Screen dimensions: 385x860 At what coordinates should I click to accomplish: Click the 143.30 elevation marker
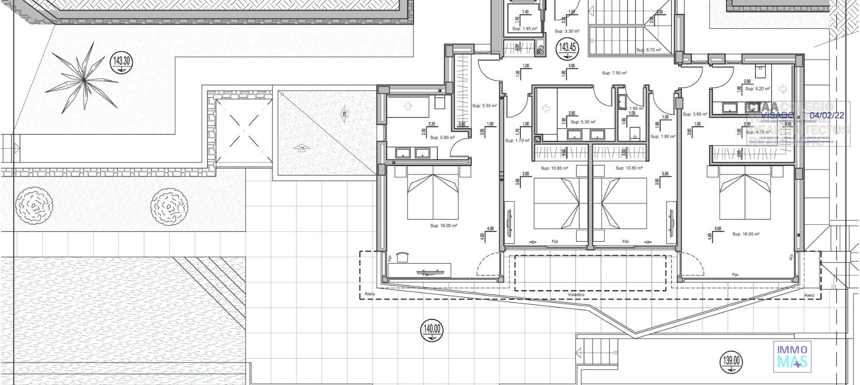click(x=121, y=61)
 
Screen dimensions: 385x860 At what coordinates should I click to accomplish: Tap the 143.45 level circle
click(x=568, y=47)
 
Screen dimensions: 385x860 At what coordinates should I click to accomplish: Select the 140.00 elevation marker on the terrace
click(x=432, y=330)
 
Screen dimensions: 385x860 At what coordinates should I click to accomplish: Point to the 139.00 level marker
click(x=731, y=361)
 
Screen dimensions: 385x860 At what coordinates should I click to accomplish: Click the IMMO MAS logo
click(x=792, y=356)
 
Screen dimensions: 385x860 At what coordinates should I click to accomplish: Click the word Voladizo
click(x=576, y=295)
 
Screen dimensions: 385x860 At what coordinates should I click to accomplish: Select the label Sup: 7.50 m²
click(x=614, y=73)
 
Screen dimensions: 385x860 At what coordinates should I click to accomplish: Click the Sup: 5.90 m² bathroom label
click(x=442, y=137)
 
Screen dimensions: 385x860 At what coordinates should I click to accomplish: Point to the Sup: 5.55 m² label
click(x=484, y=106)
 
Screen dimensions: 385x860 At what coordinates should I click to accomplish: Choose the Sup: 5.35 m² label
click(x=583, y=122)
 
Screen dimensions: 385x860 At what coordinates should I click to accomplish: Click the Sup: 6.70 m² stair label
click(x=649, y=50)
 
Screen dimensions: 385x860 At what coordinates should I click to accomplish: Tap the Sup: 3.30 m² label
click(x=567, y=31)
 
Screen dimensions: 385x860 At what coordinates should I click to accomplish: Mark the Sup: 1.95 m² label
click(x=525, y=29)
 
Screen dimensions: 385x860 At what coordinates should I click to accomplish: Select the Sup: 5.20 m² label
click(x=757, y=89)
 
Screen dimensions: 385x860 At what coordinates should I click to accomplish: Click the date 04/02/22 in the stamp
click(x=827, y=115)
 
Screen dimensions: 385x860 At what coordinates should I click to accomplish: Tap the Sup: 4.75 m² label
click(x=758, y=132)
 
